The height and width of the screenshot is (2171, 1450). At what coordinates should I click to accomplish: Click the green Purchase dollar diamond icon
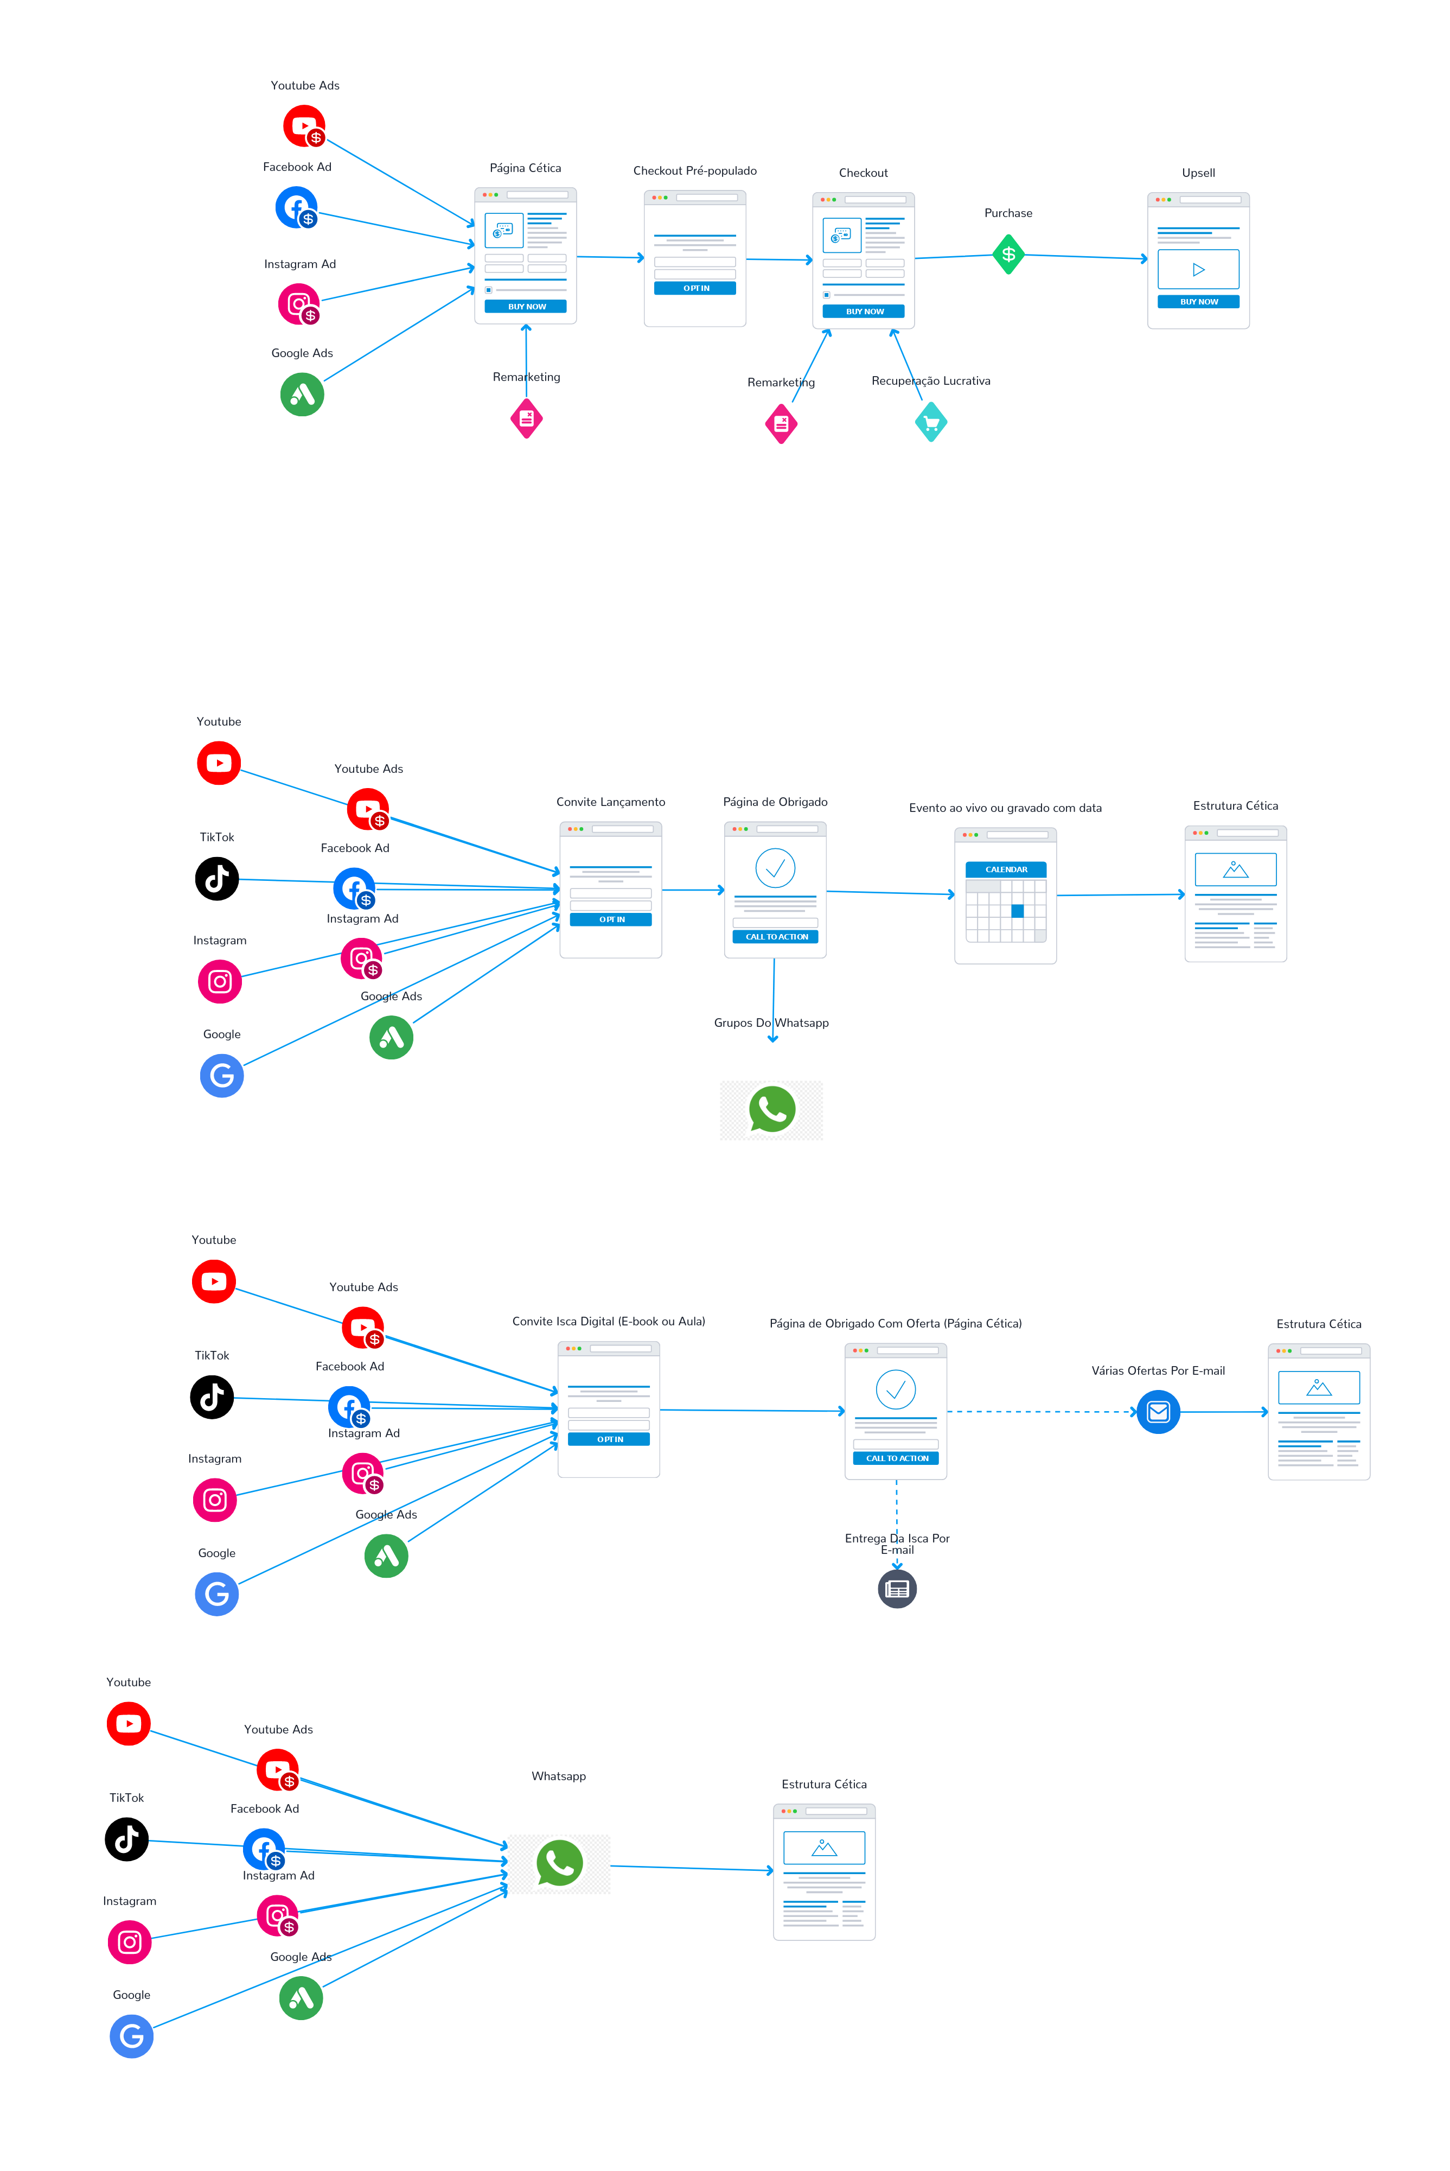pyautogui.click(x=1008, y=255)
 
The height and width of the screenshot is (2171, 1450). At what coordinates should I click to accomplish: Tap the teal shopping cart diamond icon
pyautogui.click(x=931, y=423)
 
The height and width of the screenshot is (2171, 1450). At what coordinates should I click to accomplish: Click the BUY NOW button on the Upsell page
pyautogui.click(x=1198, y=302)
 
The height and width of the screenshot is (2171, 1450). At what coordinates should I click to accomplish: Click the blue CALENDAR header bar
pyautogui.click(x=1006, y=869)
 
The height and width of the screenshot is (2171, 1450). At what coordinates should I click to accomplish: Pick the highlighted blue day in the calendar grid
pyautogui.click(x=1017, y=911)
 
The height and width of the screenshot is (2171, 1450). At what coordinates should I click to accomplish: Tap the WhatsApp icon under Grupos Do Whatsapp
pyautogui.click(x=771, y=1110)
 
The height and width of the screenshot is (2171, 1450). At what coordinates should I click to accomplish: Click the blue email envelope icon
pyautogui.click(x=1158, y=1412)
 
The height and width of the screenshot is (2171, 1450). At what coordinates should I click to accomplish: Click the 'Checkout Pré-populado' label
pyautogui.click(x=694, y=171)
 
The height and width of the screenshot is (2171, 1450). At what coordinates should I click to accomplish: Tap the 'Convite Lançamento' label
pyautogui.click(x=610, y=802)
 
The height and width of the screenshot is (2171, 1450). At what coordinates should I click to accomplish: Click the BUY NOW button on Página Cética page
pyautogui.click(x=526, y=306)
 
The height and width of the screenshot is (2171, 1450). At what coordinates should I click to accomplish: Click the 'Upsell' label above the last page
pyautogui.click(x=1198, y=173)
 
